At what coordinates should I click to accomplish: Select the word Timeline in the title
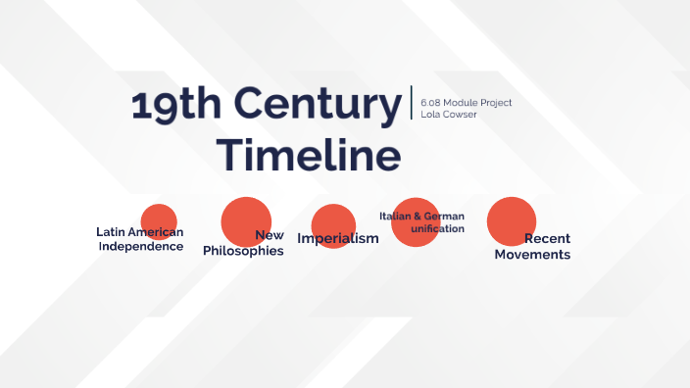(309, 156)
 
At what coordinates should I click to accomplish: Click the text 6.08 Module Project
(467, 102)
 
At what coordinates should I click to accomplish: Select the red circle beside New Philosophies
(245, 220)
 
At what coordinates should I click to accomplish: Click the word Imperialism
(337, 239)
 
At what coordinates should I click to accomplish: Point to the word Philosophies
(243, 251)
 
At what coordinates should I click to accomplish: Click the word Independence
(141, 246)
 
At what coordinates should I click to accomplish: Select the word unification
(437, 228)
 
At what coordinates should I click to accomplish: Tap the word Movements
(532, 255)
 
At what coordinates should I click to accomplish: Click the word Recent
(547, 238)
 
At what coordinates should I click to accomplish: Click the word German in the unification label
(444, 216)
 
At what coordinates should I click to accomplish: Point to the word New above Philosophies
(270, 235)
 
